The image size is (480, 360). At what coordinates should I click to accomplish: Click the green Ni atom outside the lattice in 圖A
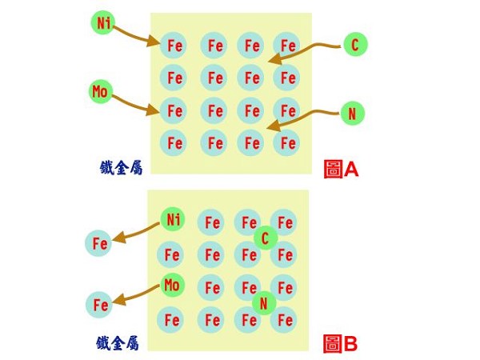(x=104, y=22)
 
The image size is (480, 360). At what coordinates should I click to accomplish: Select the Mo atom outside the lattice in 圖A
(x=101, y=90)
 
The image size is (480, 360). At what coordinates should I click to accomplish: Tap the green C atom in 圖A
(x=354, y=44)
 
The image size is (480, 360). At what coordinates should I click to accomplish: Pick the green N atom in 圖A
(x=351, y=114)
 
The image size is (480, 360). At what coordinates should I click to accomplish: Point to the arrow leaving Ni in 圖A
(x=136, y=36)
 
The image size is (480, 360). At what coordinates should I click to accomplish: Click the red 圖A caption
(x=341, y=169)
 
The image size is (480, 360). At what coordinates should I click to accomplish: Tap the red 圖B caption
(x=340, y=344)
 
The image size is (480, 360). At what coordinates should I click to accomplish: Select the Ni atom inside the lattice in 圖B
(x=172, y=218)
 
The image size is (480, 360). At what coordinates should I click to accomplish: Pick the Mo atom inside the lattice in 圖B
(x=171, y=284)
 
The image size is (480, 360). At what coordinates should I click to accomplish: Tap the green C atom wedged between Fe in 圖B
(x=265, y=237)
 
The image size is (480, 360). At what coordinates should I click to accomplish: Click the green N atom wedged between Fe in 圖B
(x=263, y=303)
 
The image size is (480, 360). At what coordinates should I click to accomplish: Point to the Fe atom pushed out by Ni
(x=99, y=242)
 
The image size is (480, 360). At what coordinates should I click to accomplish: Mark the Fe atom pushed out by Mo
(x=100, y=304)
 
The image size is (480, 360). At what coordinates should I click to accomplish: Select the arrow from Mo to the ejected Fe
(x=136, y=295)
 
